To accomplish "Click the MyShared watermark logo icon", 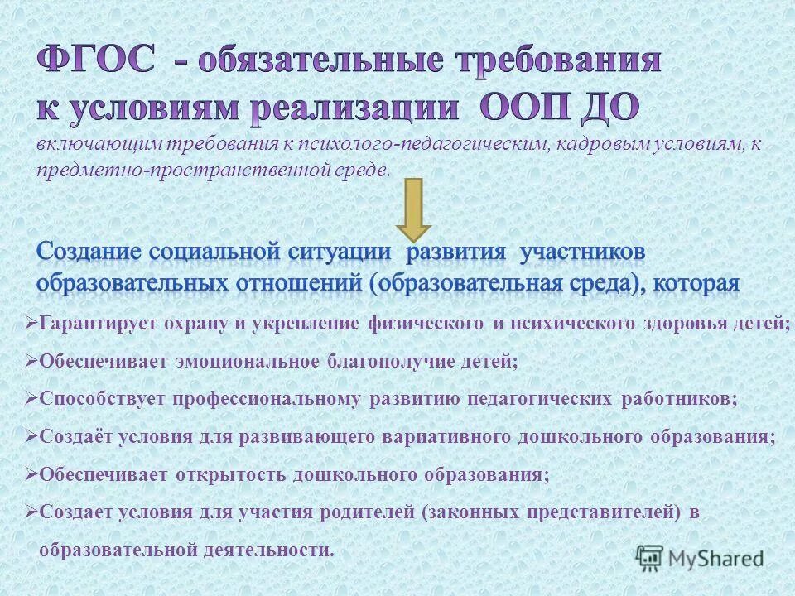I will pos(649,559).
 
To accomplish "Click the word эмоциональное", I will pos(247,361).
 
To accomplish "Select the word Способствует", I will pos(103,399).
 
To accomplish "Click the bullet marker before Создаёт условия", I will pos(32,436).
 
